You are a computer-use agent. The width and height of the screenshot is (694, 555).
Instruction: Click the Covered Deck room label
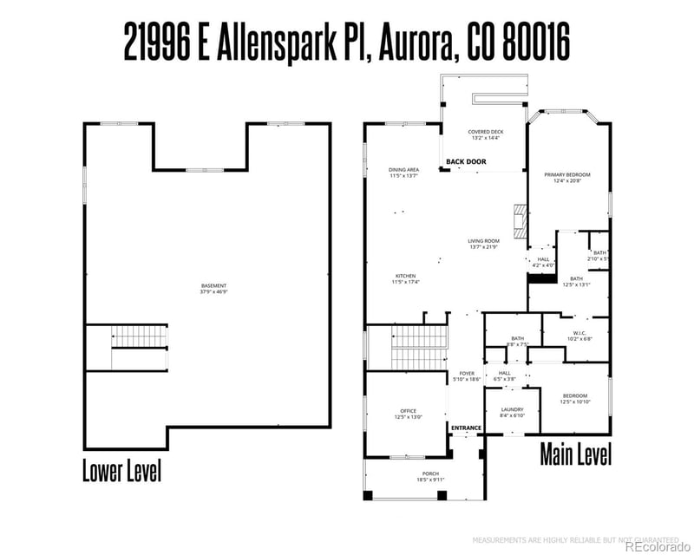(486, 134)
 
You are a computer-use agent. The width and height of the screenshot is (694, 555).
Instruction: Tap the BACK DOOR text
(466, 162)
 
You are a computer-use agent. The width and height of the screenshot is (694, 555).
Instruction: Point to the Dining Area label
(404, 173)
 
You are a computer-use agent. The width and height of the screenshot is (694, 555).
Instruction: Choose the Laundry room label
(512, 412)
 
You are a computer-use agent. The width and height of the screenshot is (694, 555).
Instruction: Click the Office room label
(408, 414)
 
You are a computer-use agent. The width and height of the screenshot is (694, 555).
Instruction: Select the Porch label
(430, 476)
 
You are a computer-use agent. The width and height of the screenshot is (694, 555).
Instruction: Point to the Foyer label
(467, 376)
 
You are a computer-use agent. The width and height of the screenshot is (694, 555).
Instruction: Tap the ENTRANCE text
(466, 428)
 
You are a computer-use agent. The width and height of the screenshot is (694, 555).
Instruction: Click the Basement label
(213, 289)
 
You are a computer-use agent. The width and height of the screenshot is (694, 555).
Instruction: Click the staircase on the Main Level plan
(419, 348)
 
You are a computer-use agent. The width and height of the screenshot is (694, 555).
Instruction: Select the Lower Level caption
(121, 472)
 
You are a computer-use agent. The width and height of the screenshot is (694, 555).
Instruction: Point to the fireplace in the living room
(520, 221)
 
